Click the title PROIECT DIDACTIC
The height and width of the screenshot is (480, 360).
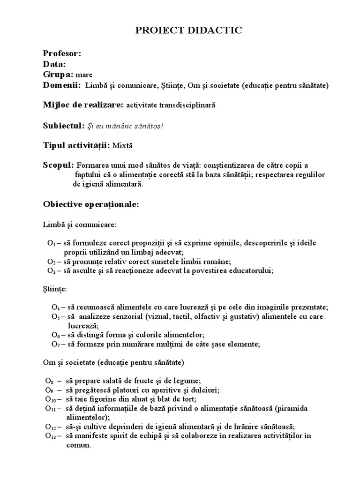point(189,31)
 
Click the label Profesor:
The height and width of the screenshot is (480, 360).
point(62,53)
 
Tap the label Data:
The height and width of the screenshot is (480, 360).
point(54,64)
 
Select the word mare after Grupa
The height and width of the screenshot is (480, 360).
point(84,75)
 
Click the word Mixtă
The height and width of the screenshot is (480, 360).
point(123,146)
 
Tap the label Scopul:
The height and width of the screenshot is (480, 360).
point(58,165)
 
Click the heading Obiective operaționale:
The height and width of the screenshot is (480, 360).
point(91,205)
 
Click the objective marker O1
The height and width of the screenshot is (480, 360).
point(51,243)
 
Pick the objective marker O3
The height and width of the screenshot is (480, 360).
point(51,270)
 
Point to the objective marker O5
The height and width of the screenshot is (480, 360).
point(55,317)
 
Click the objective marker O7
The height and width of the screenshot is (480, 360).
point(55,345)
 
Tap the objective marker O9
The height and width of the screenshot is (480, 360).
point(49,390)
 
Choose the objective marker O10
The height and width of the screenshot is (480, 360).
point(51,399)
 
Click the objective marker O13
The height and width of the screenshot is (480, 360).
point(51,436)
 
